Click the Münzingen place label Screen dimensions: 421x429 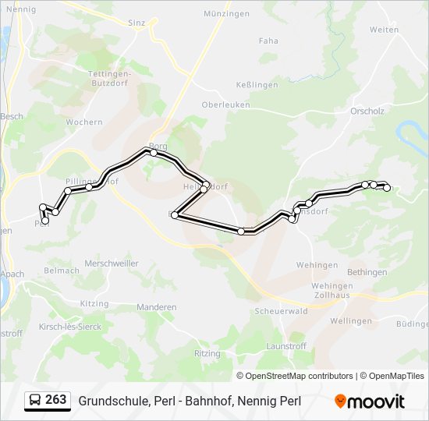click(x=226, y=14)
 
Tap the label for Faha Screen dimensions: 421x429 click(x=268, y=41)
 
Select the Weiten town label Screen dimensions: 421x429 click(x=384, y=30)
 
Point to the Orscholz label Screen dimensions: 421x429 click(x=367, y=111)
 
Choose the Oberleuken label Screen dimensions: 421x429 click(x=225, y=104)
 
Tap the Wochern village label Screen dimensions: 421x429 click(x=84, y=122)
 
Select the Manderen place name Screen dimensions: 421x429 click(x=156, y=307)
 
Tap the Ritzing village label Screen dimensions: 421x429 click(x=207, y=353)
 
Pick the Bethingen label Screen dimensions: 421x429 click(x=367, y=273)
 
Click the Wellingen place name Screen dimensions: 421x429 click(x=351, y=321)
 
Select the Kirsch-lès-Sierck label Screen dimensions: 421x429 click(x=69, y=327)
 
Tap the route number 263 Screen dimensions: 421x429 click(x=56, y=400)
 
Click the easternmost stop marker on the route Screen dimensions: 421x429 click(x=387, y=188)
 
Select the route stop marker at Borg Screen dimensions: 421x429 click(x=154, y=153)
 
